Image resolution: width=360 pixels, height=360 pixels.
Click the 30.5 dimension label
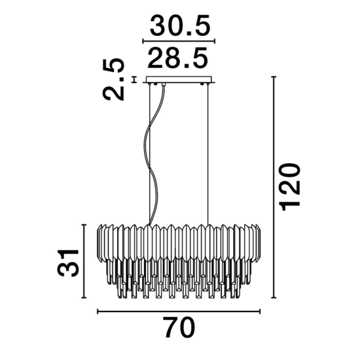(x=180, y=25)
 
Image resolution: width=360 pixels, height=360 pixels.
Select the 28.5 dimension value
(x=177, y=58)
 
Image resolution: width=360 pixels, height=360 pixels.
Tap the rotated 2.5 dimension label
(x=113, y=79)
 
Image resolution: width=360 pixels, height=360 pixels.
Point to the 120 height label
(x=289, y=187)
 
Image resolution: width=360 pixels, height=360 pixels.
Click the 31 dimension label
(x=68, y=262)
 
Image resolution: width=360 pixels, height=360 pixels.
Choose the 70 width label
(x=180, y=327)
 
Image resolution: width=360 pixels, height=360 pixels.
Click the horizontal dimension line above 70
(x=179, y=312)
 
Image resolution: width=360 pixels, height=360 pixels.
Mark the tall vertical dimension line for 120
(x=274, y=187)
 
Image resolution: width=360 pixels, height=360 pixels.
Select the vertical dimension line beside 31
(x=84, y=261)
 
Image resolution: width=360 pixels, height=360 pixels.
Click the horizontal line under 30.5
(x=179, y=41)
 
